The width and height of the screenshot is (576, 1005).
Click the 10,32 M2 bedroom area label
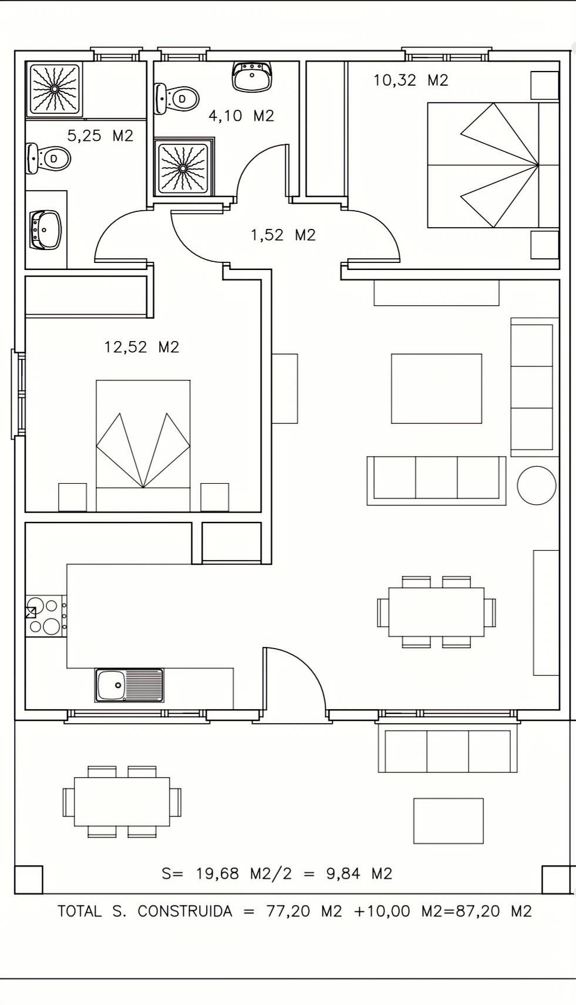pyautogui.click(x=411, y=81)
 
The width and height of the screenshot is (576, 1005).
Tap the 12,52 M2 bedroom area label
pyautogui.click(x=142, y=347)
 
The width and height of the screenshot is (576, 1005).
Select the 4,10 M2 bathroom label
pyautogui.click(x=241, y=116)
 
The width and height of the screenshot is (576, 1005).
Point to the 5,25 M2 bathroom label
pyautogui.click(x=100, y=136)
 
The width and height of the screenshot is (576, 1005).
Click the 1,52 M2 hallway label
pyautogui.click(x=283, y=235)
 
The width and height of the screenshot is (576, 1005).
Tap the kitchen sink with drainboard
pyautogui.click(x=129, y=685)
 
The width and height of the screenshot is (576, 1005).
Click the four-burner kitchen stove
pyautogui.click(x=46, y=616)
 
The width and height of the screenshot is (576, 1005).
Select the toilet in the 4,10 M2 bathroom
pyautogui.click(x=176, y=98)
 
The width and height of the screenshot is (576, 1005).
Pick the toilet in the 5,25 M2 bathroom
pyautogui.click(x=49, y=158)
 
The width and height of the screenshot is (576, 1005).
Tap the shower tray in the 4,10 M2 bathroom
pyautogui.click(x=183, y=168)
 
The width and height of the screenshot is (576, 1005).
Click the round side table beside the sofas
pyautogui.click(x=537, y=485)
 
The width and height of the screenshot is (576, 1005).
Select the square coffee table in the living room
pyautogui.click(x=436, y=389)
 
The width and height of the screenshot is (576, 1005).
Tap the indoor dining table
pyautogui.click(x=436, y=612)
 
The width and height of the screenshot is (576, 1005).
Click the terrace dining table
pyautogui.click(x=122, y=802)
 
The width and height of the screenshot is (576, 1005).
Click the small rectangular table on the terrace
pyautogui.click(x=449, y=821)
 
